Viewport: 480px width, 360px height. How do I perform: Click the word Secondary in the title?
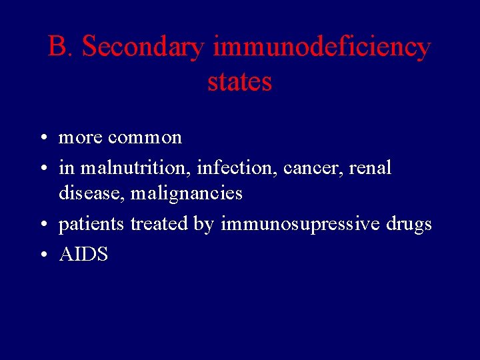point(144,47)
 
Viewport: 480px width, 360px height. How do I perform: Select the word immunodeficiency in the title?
point(322,47)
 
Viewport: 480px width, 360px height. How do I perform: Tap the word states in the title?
point(240,82)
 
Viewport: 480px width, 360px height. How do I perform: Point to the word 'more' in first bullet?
point(81,138)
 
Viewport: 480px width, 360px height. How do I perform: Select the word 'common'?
point(145,138)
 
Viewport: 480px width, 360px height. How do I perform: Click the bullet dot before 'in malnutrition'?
point(42,169)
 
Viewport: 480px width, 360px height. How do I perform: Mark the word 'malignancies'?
point(187,193)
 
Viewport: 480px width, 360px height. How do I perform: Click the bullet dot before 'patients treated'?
point(42,225)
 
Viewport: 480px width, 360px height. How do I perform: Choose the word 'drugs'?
point(409,225)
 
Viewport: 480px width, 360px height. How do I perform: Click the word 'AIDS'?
point(83,255)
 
